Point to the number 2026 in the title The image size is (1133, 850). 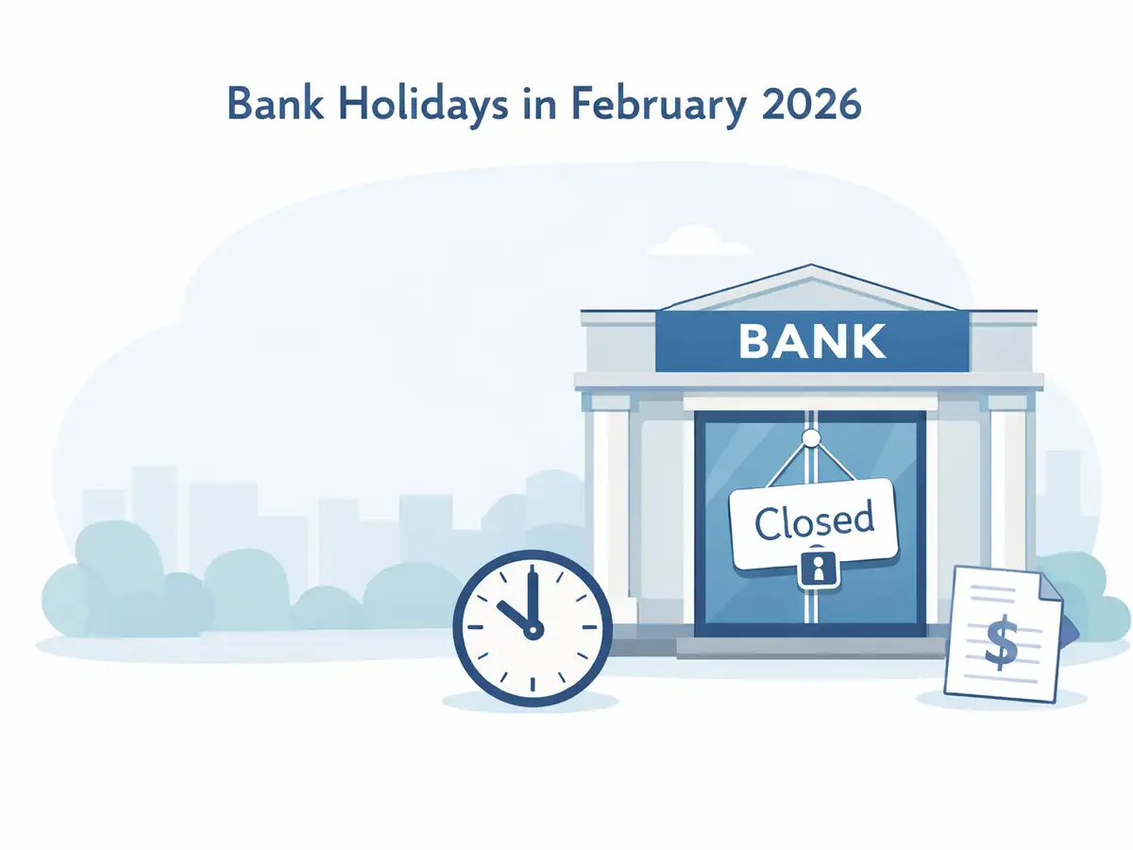810,105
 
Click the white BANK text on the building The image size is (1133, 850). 812,341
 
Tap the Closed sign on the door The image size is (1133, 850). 813,522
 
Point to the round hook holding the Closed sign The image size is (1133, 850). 810,437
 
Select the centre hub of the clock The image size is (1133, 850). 533,629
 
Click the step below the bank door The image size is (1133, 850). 810,646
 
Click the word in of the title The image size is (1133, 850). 536,105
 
